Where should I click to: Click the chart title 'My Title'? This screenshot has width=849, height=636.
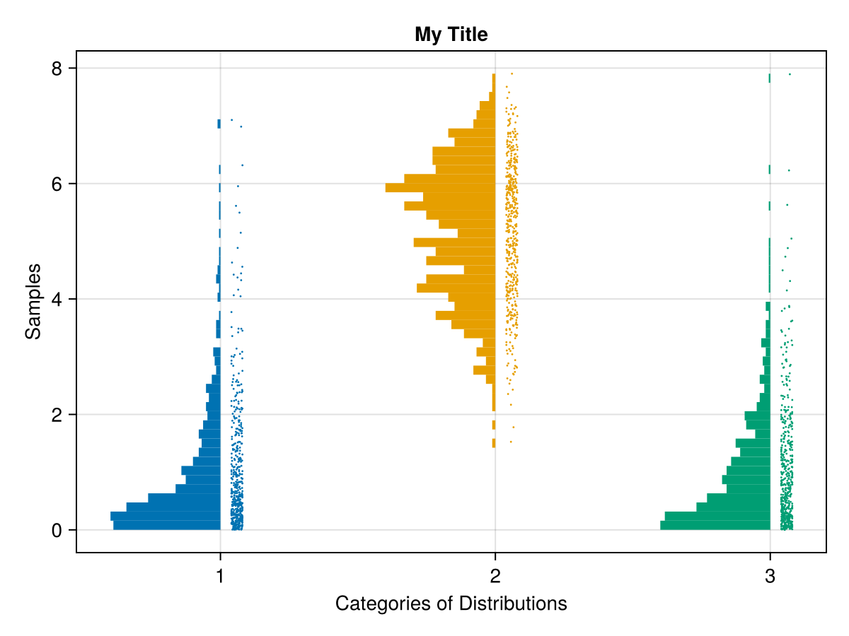point(451,34)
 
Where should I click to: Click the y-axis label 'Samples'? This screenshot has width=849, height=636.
point(33,301)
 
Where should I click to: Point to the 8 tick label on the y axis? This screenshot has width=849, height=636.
point(57,69)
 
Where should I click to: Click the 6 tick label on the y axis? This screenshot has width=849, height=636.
point(57,184)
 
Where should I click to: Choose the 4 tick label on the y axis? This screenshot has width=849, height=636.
point(57,299)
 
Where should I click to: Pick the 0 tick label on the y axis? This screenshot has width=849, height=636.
point(57,530)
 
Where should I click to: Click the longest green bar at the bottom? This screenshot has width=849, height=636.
point(715,525)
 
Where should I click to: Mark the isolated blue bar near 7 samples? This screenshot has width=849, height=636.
point(219,124)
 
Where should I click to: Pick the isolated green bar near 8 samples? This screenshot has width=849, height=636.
point(769,78)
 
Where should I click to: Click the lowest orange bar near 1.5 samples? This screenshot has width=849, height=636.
point(494,443)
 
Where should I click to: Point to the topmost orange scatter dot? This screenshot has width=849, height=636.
point(512,73)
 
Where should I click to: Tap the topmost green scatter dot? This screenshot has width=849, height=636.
point(790,74)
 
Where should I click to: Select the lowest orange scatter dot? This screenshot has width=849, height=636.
point(511,442)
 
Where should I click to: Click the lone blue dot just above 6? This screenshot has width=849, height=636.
point(242,165)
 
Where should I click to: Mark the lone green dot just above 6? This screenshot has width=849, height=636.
point(789,170)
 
